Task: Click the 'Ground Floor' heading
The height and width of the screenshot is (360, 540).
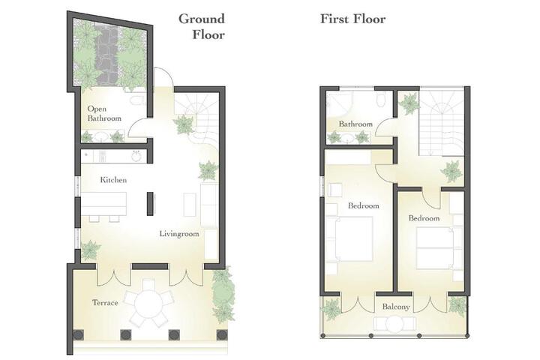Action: [202, 26]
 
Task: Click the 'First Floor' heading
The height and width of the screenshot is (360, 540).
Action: [352, 19]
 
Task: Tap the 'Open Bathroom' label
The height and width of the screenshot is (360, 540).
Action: [104, 113]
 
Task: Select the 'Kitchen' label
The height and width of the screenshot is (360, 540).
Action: [113, 180]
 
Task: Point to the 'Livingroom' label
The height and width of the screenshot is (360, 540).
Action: [179, 234]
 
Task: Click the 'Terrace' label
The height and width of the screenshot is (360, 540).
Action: [105, 303]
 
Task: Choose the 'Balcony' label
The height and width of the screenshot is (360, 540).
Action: [396, 307]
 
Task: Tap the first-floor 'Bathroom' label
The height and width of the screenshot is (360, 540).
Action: [355, 124]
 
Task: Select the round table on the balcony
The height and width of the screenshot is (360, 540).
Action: [394, 325]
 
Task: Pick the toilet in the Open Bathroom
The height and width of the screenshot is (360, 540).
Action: [139, 100]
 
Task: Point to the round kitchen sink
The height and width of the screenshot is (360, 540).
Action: [136, 156]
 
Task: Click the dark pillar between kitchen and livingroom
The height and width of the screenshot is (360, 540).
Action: [150, 204]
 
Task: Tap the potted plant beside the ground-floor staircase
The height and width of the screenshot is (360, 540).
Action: [184, 124]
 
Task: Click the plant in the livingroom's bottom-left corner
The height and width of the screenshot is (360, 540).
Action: [90, 250]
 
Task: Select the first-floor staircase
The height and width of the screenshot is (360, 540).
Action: [441, 121]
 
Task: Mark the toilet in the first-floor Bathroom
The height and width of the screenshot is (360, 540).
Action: [382, 99]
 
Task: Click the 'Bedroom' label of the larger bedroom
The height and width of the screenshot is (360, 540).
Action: [363, 206]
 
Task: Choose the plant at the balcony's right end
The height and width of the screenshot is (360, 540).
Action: [457, 305]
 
